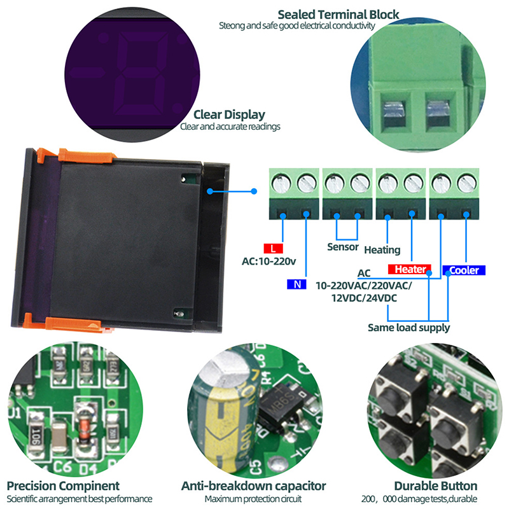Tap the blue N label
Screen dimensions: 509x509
[x=296, y=284]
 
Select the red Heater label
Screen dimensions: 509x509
[x=409, y=269]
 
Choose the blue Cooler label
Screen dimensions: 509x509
[x=464, y=270]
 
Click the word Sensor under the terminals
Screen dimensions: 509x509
[x=343, y=247]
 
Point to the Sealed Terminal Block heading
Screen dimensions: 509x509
[x=339, y=14]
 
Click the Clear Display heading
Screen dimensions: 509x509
[x=229, y=115]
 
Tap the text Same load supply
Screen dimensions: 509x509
[x=408, y=328]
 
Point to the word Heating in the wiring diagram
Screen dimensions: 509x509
[x=382, y=249]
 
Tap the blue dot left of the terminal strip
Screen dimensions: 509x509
[x=254, y=190]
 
